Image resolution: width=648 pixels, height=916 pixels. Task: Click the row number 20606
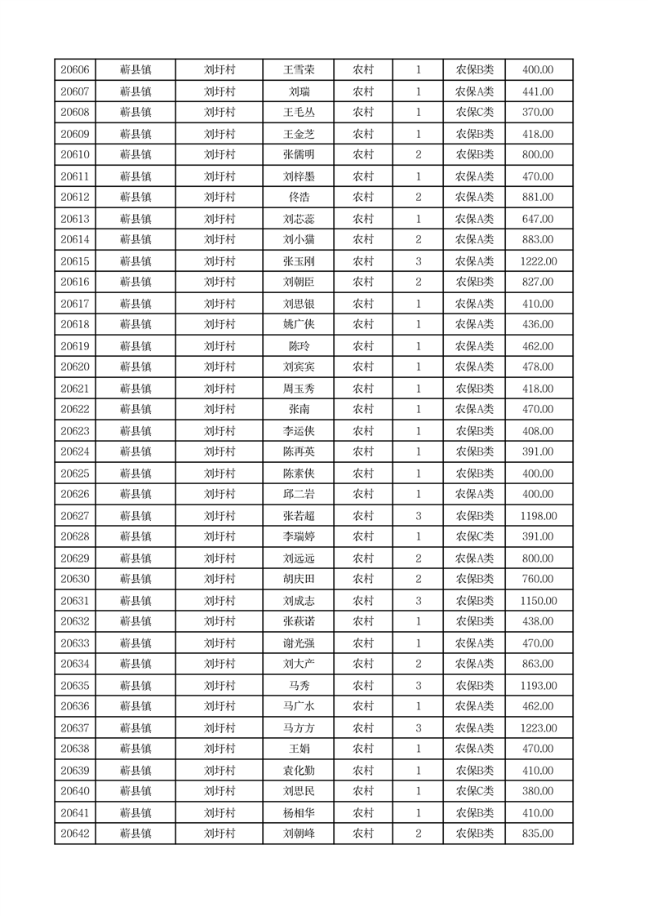[75, 70]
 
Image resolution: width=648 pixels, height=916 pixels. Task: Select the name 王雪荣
[299, 70]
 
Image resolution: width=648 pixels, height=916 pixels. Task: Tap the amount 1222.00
[538, 261]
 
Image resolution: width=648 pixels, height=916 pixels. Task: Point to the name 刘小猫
[299, 240]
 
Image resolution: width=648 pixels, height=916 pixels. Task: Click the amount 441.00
[538, 91]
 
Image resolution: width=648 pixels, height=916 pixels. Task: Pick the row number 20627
[75, 516]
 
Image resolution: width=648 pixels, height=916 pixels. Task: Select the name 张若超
[299, 516]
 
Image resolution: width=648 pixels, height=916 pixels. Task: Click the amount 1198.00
[538, 516]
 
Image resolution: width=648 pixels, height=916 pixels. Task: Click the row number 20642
[75, 834]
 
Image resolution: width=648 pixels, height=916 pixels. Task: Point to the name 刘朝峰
[299, 834]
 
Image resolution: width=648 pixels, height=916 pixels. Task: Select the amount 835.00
[538, 834]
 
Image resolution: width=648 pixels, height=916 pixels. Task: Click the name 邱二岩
[299, 495]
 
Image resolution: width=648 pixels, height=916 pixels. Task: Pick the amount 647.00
[538, 219]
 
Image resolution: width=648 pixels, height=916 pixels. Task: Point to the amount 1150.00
[538, 601]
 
